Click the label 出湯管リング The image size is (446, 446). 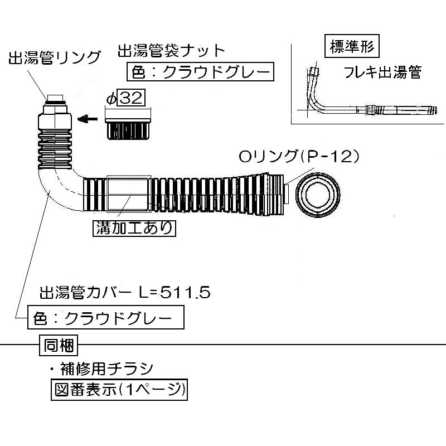[54, 58]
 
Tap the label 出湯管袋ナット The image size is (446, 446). [171, 51]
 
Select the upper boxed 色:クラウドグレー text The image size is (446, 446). [200, 72]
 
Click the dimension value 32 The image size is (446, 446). [132, 99]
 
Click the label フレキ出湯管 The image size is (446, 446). [382, 72]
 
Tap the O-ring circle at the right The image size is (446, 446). [318, 196]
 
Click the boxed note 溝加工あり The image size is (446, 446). [133, 227]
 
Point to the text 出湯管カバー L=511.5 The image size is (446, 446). [124, 292]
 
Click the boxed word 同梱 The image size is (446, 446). [59, 344]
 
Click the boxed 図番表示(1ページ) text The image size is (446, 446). [118, 389]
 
